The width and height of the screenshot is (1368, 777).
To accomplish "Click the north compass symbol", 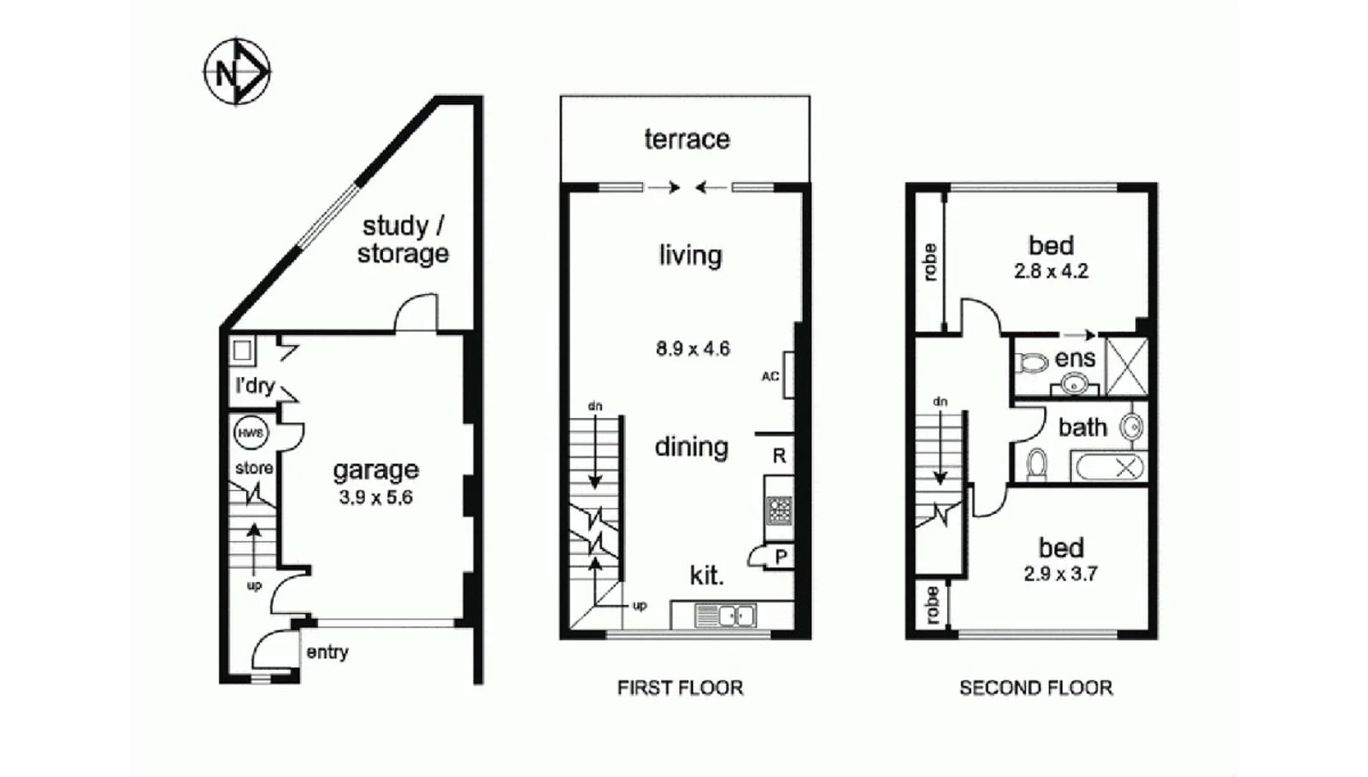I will tap(237, 72).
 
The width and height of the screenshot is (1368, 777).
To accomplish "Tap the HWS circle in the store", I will tap(251, 433).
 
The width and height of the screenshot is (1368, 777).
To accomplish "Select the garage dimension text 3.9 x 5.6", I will tap(375, 497).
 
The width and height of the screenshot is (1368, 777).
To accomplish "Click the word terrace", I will tap(687, 139).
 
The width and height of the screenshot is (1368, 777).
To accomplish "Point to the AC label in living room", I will tap(769, 376).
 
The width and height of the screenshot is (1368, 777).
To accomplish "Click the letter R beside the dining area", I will tap(779, 456).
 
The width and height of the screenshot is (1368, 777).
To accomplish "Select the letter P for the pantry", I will tap(781, 557).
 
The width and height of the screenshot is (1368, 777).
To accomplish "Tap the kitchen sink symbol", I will tap(724, 615).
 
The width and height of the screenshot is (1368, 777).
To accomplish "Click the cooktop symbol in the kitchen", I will tap(779, 510).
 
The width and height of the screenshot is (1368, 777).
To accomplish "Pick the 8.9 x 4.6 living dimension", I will tap(693, 349).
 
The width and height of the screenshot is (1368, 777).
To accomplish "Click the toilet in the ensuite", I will tap(1033, 362).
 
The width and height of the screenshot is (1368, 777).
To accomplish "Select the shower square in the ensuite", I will tap(1126, 367).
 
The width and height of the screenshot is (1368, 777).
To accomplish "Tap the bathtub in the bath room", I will tap(1109, 468).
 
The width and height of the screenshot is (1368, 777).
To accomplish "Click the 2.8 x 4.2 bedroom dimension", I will tap(1051, 272).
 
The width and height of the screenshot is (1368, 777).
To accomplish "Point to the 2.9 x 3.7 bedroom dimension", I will tap(1060, 574).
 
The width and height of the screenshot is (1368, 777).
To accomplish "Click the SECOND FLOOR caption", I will tap(1035, 688).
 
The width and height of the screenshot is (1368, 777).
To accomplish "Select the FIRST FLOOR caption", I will tap(680, 688).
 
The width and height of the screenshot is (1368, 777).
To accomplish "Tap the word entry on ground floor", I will tap(327, 652).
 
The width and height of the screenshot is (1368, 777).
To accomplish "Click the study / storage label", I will tap(403, 240).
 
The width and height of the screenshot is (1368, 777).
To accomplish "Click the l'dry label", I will tap(255, 386).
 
